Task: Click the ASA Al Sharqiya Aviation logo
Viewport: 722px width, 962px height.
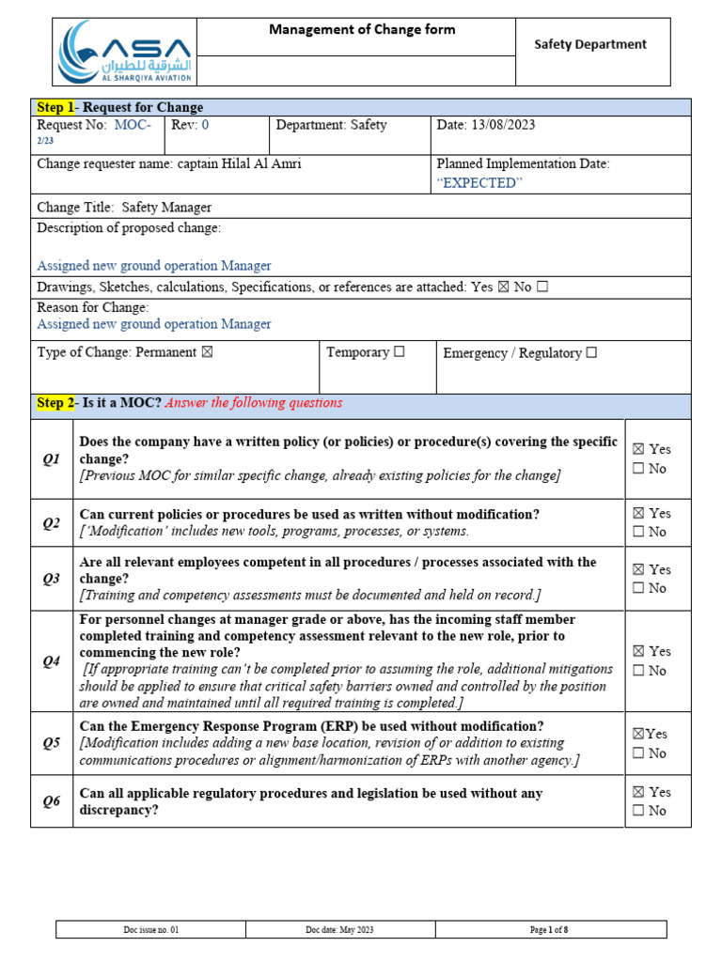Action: coord(124,53)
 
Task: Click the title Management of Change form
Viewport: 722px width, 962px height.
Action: coord(362,30)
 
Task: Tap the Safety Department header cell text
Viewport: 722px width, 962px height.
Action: coord(590,44)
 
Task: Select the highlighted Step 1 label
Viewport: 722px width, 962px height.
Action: coord(55,107)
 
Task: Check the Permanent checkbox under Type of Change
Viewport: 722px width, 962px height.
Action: coord(208,352)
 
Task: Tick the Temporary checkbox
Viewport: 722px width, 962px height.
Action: coord(400,352)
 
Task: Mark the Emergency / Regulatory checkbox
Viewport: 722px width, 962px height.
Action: coord(591,353)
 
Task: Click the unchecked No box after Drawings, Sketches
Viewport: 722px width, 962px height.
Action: coord(542,287)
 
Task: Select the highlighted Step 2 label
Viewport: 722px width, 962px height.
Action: coord(55,403)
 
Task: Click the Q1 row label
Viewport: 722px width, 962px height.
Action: coord(51,458)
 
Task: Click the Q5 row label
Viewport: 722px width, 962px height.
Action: coord(51,743)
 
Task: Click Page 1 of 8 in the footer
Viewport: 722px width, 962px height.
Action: coord(549,930)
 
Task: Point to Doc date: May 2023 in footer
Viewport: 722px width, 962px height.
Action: coord(339,930)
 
